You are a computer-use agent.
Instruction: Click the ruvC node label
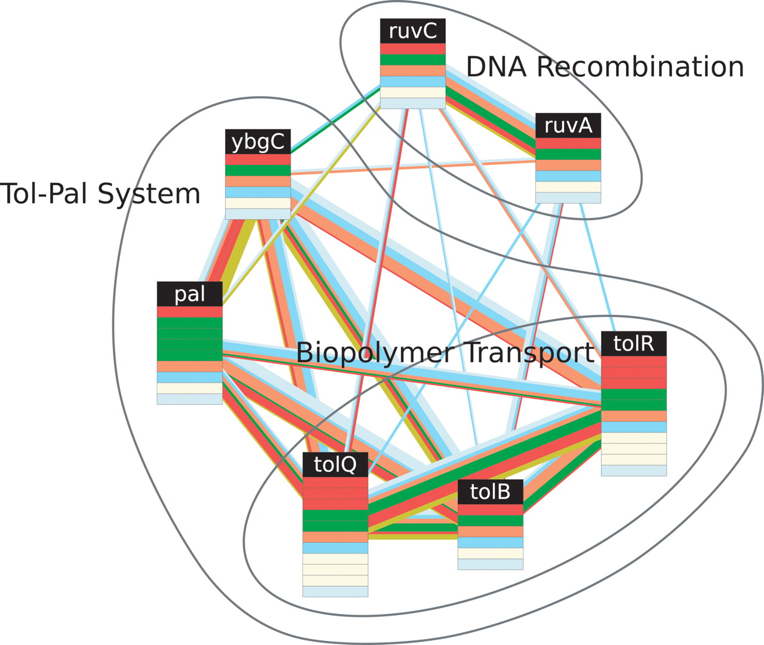412,30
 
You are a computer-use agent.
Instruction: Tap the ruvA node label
568,125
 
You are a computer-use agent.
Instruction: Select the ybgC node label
257,142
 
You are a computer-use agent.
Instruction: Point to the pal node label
189,294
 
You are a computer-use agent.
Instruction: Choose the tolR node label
633,343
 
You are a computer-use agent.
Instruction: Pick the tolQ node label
335,464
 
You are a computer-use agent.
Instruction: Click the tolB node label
490,492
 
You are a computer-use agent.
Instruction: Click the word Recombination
640,66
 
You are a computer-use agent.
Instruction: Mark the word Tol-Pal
45,194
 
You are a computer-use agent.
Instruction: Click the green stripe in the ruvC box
412,60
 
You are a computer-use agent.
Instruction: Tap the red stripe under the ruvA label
568,143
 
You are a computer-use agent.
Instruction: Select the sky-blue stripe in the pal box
189,377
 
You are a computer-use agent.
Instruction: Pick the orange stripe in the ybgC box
257,182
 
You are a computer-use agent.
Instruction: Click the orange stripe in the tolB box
490,532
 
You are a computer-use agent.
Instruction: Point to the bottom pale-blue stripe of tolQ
335,591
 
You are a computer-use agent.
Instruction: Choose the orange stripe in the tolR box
633,416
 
